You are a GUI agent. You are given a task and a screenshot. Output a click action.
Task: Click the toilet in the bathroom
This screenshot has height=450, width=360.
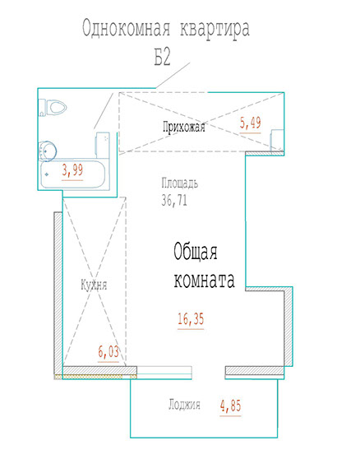[x=53, y=108]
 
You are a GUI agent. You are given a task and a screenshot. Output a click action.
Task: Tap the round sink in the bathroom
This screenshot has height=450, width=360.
[x=48, y=151]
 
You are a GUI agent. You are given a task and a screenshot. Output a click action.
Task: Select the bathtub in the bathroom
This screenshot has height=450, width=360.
[x=73, y=174]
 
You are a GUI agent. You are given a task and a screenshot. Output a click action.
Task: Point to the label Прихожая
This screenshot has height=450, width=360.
[x=184, y=127]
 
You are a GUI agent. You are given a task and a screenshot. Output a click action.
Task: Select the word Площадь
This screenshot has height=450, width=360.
[x=179, y=183]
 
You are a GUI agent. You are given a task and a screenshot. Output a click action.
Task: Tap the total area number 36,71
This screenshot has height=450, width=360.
[x=174, y=200]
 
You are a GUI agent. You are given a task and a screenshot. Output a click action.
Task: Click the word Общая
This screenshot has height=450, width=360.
[x=196, y=252]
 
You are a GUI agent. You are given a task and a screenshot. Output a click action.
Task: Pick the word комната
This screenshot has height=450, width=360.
[x=205, y=280]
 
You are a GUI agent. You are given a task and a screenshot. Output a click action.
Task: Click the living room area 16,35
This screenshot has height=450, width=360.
[x=191, y=320]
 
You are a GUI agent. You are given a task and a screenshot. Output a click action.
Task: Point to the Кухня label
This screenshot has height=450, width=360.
[x=94, y=285]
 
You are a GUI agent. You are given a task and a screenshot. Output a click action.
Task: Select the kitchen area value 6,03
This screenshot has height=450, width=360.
[x=108, y=353]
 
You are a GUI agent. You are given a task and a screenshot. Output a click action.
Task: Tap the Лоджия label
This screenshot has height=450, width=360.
[x=184, y=405]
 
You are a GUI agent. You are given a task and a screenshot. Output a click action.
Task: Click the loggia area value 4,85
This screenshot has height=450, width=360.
[x=230, y=407]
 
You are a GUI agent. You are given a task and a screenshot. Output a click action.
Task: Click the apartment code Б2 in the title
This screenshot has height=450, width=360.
[x=162, y=57]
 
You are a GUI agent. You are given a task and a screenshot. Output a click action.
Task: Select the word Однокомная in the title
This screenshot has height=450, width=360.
[x=127, y=29]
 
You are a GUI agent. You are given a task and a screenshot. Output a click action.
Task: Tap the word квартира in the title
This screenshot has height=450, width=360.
[x=215, y=30]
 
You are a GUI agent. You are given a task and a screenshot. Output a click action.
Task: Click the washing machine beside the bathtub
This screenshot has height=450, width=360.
[x=103, y=146]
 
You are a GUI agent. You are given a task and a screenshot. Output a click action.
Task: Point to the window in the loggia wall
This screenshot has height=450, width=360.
[x=164, y=373]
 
